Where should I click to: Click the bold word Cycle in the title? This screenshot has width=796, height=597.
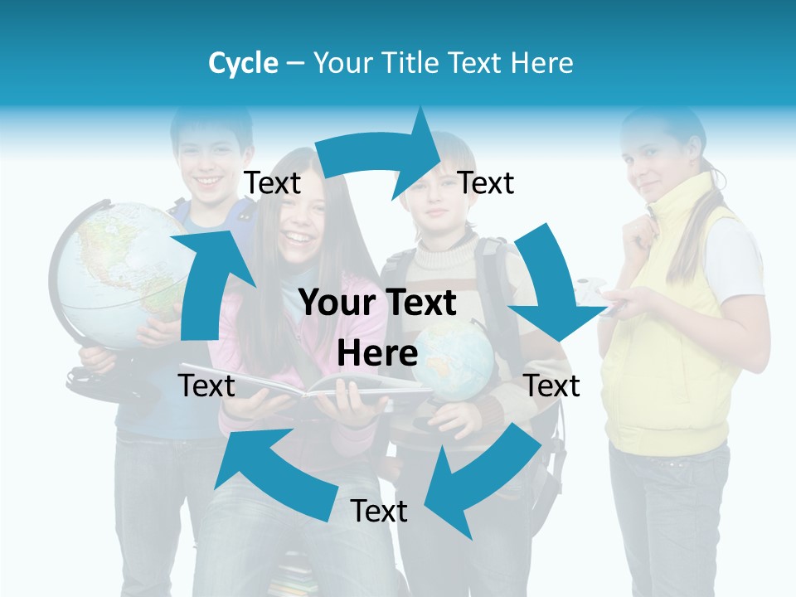click(243, 63)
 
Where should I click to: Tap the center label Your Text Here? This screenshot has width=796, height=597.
click(377, 328)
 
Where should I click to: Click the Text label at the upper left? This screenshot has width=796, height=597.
click(273, 182)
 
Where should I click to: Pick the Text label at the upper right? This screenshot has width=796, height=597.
click(486, 182)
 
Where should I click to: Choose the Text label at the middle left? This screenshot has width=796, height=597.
click(206, 386)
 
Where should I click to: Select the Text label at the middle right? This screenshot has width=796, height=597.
click(551, 386)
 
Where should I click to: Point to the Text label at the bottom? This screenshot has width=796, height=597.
click(379, 511)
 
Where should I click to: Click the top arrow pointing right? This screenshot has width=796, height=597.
click(381, 153)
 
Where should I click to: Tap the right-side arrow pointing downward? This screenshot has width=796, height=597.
click(551, 282)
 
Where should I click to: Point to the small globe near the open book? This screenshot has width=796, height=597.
click(454, 361)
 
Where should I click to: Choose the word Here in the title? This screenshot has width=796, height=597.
click(543, 63)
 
